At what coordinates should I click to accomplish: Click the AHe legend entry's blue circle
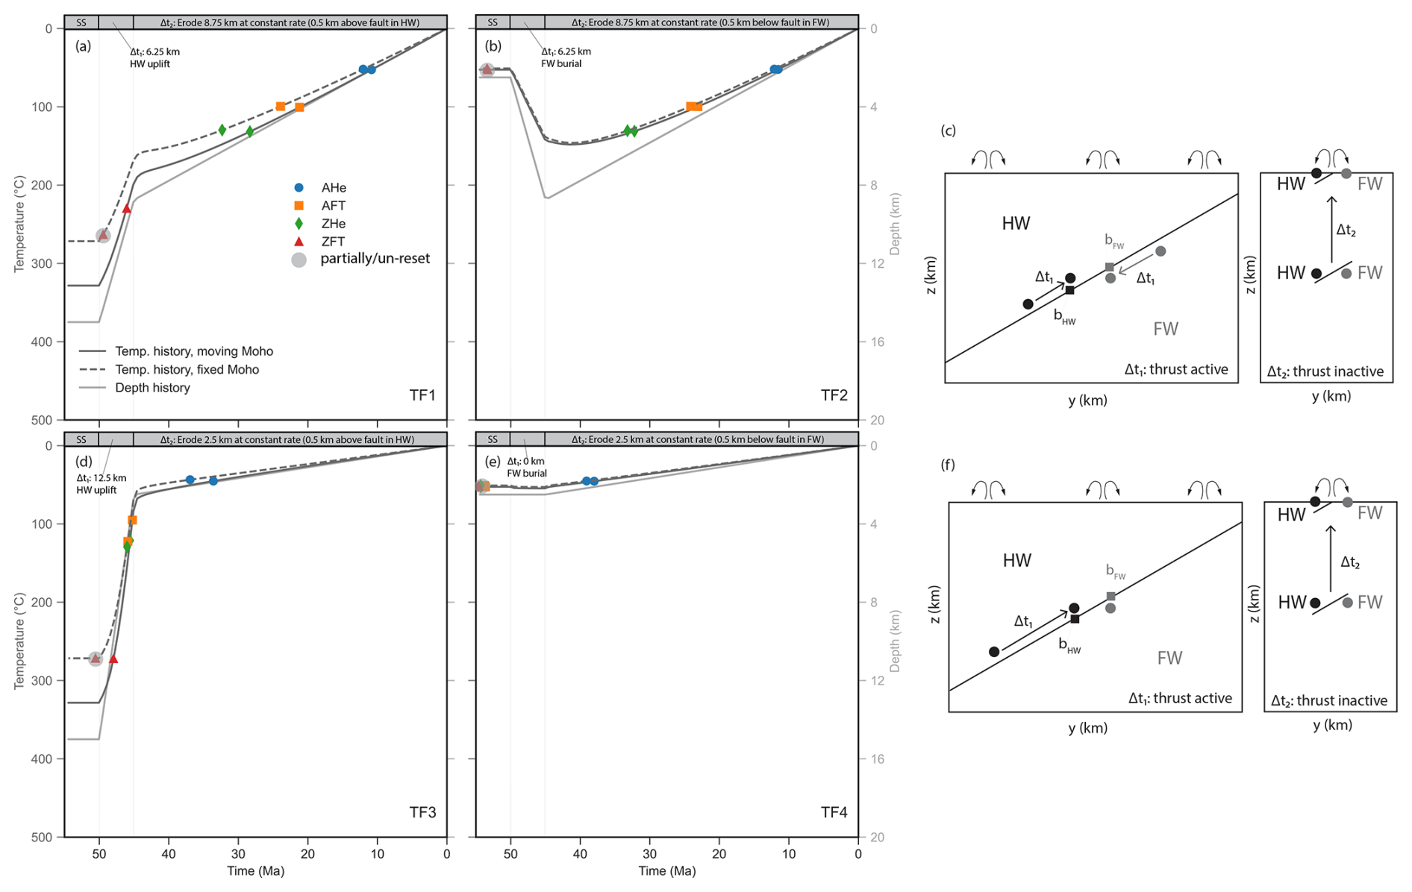pyautogui.click(x=299, y=188)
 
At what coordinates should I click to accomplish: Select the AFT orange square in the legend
pyautogui.click(x=299, y=206)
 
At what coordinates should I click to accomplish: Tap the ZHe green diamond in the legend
pyautogui.click(x=299, y=224)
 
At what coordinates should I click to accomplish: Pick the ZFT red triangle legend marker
pyautogui.click(x=299, y=242)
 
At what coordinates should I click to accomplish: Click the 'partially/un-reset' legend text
pyautogui.click(x=375, y=259)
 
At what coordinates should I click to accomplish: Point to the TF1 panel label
pyautogui.click(x=422, y=395)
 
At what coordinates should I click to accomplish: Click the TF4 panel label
pyautogui.click(x=834, y=812)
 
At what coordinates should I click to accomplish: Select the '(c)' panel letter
pyautogui.click(x=948, y=131)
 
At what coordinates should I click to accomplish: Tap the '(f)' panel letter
pyautogui.click(x=948, y=465)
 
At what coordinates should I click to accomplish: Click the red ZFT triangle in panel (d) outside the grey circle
pyautogui.click(x=113, y=659)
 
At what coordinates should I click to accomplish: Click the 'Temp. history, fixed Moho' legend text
pyautogui.click(x=187, y=370)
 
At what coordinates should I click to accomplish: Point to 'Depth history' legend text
pyautogui.click(x=152, y=388)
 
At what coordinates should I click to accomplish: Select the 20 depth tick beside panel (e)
pyautogui.click(x=878, y=838)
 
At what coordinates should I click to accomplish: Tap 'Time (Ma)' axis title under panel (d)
pyautogui.click(x=256, y=871)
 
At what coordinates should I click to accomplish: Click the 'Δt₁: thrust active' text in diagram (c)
pyautogui.click(x=1176, y=369)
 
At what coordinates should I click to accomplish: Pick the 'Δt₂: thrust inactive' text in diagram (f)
pyautogui.click(x=1329, y=700)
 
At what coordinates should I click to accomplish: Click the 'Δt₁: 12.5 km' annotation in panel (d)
pyautogui.click(x=101, y=478)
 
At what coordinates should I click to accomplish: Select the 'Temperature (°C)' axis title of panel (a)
pyautogui.click(x=20, y=224)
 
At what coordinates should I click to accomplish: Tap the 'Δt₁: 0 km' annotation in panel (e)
pyautogui.click(x=526, y=462)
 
